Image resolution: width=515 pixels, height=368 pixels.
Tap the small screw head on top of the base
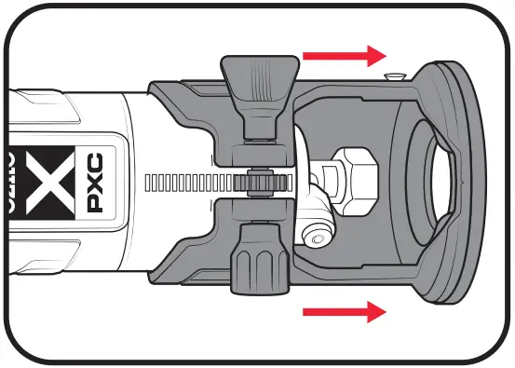[x=394, y=75]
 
